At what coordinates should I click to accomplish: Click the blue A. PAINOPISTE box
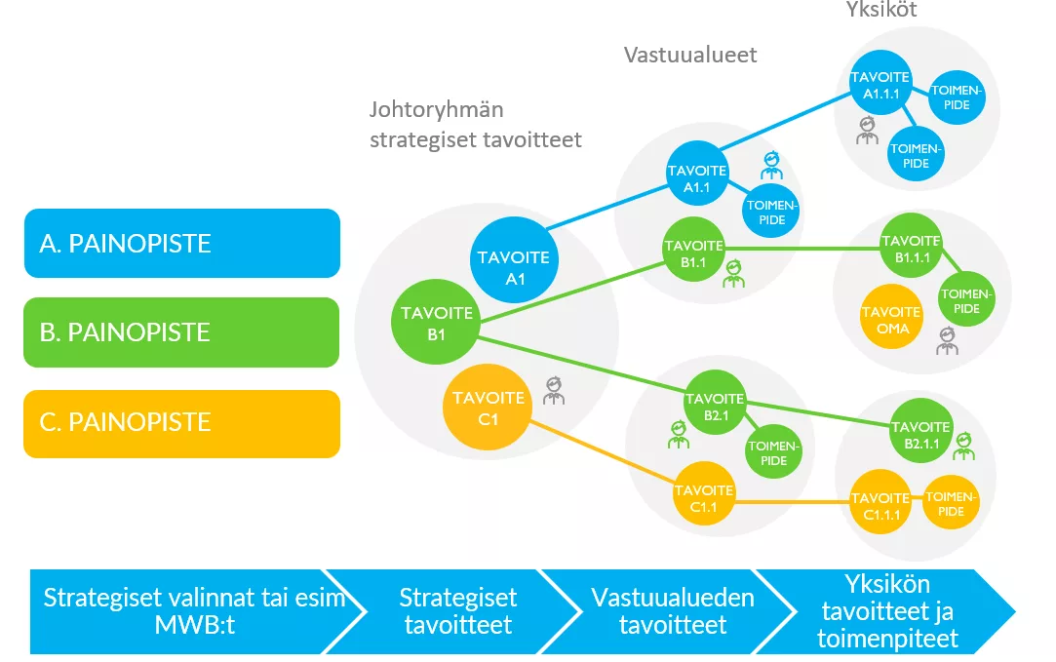click(x=181, y=243)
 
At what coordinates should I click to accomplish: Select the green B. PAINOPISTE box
click(x=181, y=332)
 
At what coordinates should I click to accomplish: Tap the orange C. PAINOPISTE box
click(x=181, y=423)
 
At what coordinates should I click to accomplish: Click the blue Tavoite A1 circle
click(x=513, y=266)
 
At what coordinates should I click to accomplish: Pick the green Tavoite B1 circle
click(x=435, y=322)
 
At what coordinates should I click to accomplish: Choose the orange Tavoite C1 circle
click(x=489, y=405)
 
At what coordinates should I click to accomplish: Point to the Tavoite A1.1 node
click(x=696, y=177)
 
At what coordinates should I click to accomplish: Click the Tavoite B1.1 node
click(x=692, y=253)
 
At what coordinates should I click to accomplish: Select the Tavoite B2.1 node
click(x=714, y=407)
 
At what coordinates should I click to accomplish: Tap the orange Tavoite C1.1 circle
click(x=703, y=497)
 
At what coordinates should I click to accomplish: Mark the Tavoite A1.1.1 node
click(x=880, y=85)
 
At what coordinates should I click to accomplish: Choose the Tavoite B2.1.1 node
click(x=920, y=434)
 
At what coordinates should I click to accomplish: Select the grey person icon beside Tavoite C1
click(x=554, y=390)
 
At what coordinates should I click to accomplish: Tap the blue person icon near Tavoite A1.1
click(x=772, y=164)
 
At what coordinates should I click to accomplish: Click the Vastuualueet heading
click(x=690, y=55)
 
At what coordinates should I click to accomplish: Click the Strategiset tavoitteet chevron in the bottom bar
click(x=458, y=610)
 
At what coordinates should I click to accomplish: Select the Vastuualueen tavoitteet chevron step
click(x=673, y=610)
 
